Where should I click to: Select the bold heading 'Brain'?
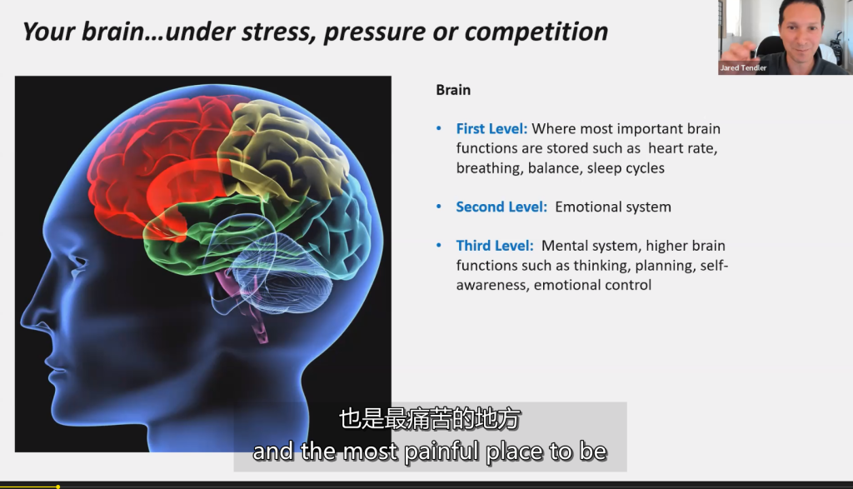click(x=453, y=90)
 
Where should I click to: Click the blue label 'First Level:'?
click(x=491, y=129)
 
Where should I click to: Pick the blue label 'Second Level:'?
click(x=501, y=207)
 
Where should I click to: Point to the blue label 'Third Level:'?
click(x=495, y=246)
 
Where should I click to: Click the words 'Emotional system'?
click(x=612, y=207)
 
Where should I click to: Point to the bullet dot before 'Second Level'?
click(x=440, y=207)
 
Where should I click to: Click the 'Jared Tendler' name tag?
click(x=743, y=68)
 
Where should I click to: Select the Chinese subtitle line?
click(x=430, y=419)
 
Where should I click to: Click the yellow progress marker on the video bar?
click(x=57, y=486)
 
